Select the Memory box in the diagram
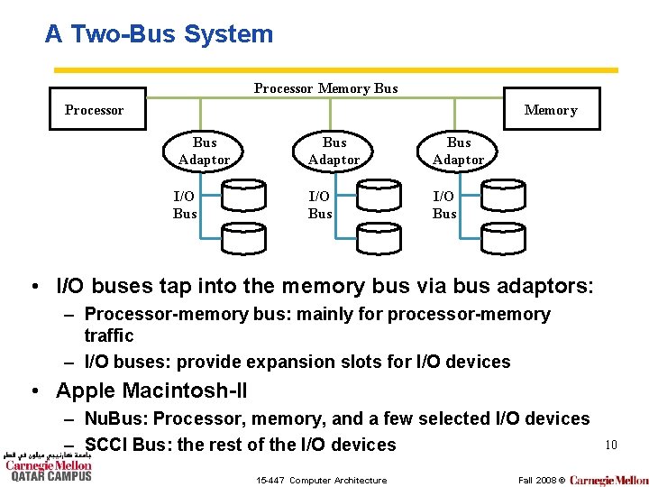pos(551,110)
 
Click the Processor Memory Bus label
pos(325,88)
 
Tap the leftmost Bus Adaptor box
pos(205,152)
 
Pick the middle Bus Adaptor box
pos(334,152)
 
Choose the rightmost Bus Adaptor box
pos(459,152)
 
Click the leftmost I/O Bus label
pos(185,205)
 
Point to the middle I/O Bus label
pos(320,205)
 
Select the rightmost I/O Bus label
pos(444,205)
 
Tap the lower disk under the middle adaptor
pos(379,237)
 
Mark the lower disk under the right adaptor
pos(503,237)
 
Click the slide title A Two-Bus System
pos(159,34)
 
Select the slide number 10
pos(610,445)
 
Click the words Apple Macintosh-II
pos(151,391)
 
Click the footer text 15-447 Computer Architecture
pos(321,480)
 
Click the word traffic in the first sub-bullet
pos(108,335)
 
